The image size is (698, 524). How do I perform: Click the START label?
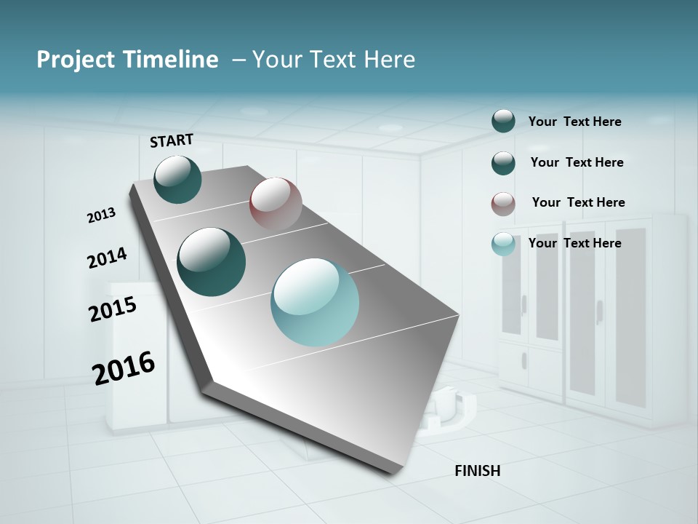[172, 140]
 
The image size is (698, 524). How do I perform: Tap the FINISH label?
[477, 471]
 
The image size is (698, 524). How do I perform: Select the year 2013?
[101, 215]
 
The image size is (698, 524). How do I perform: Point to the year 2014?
[107, 258]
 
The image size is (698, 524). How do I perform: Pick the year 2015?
[113, 309]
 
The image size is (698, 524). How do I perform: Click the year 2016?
[124, 368]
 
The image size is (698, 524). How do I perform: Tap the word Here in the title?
[389, 60]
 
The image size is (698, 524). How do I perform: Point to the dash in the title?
[238, 60]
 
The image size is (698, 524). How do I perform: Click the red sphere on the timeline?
[276, 203]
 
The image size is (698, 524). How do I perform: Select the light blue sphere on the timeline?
[315, 302]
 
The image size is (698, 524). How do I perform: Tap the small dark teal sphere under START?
[177, 179]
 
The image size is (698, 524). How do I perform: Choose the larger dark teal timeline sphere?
[212, 262]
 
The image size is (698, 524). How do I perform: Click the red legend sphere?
[503, 204]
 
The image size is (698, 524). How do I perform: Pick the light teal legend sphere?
[503, 244]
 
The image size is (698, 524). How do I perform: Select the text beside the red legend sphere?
[578, 202]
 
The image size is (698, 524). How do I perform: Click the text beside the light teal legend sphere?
[574, 243]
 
